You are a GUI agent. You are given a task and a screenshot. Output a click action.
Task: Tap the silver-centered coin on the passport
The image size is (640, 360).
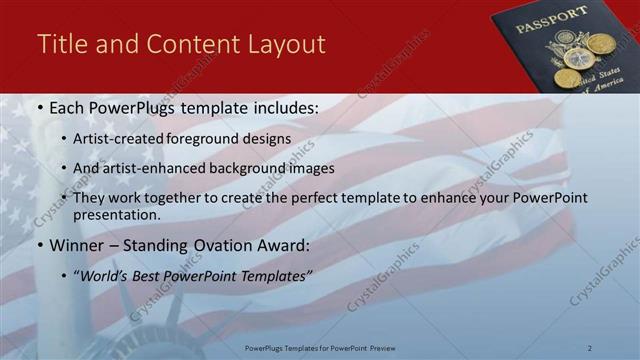pyautogui.click(x=578, y=58)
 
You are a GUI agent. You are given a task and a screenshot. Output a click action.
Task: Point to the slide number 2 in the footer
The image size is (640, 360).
pyautogui.click(x=589, y=347)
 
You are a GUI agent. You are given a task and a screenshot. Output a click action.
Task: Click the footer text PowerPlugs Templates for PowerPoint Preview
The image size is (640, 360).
pyautogui.click(x=320, y=347)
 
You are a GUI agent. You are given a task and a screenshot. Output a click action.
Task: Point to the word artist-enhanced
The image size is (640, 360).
pyautogui.click(x=149, y=169)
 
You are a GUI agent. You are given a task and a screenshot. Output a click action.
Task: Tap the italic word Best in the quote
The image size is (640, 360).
pyautogui.click(x=148, y=274)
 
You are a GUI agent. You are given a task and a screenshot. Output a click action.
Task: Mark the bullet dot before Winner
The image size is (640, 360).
pyautogui.click(x=39, y=244)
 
